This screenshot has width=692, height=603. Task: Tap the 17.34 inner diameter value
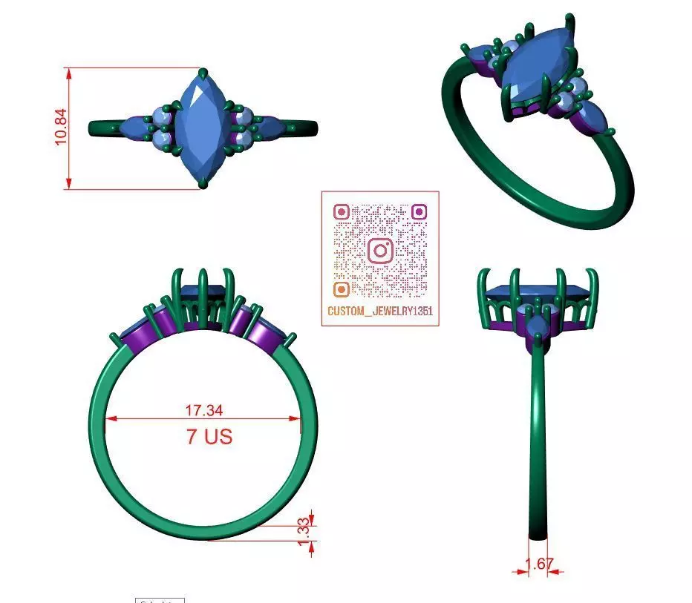(x=203, y=409)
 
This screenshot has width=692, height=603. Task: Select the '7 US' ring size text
(x=209, y=436)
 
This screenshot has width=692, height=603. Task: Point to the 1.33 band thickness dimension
(x=302, y=532)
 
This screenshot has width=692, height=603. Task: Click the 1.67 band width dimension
(x=539, y=564)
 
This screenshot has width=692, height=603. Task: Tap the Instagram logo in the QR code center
(x=380, y=250)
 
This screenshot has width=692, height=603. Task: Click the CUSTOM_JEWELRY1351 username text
(x=379, y=312)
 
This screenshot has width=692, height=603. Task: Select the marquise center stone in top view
(x=203, y=128)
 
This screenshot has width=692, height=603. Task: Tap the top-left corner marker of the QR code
(x=342, y=211)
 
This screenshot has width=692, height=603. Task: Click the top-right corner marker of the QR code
(x=419, y=211)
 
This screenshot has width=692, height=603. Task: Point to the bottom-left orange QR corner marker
(x=342, y=289)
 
